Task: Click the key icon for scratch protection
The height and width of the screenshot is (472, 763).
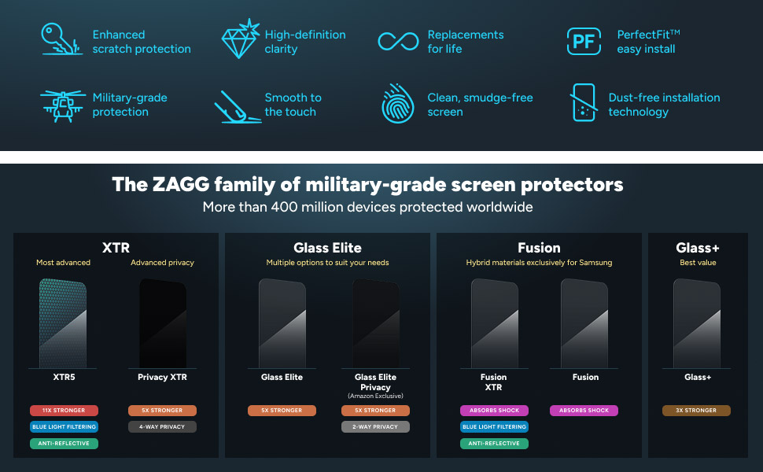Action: click(x=61, y=39)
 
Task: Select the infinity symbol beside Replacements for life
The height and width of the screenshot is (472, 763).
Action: click(x=398, y=41)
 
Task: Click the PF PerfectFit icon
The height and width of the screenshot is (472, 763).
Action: click(x=584, y=41)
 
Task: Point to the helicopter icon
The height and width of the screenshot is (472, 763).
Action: click(x=62, y=104)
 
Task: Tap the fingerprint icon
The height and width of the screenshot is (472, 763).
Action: click(x=398, y=104)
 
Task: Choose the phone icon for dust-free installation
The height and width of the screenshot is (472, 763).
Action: click(x=583, y=102)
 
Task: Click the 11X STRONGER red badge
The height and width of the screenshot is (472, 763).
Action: click(x=64, y=411)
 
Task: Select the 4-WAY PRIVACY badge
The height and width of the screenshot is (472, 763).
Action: click(x=162, y=427)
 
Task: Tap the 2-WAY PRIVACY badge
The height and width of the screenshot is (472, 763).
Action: click(x=375, y=427)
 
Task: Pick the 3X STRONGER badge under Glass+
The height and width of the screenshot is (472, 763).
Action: click(x=697, y=411)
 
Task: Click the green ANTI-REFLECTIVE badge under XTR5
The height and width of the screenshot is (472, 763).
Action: click(x=64, y=444)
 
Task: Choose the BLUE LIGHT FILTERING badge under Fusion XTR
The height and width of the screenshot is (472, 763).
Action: click(x=494, y=427)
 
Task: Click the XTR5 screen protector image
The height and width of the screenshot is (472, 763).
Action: click(x=63, y=323)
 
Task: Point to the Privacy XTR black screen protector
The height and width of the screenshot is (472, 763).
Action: click(x=162, y=323)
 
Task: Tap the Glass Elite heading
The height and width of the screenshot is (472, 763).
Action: click(x=327, y=248)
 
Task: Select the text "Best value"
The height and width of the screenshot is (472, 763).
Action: click(x=698, y=263)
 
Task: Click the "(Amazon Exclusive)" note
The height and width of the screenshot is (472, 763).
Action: click(x=375, y=396)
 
